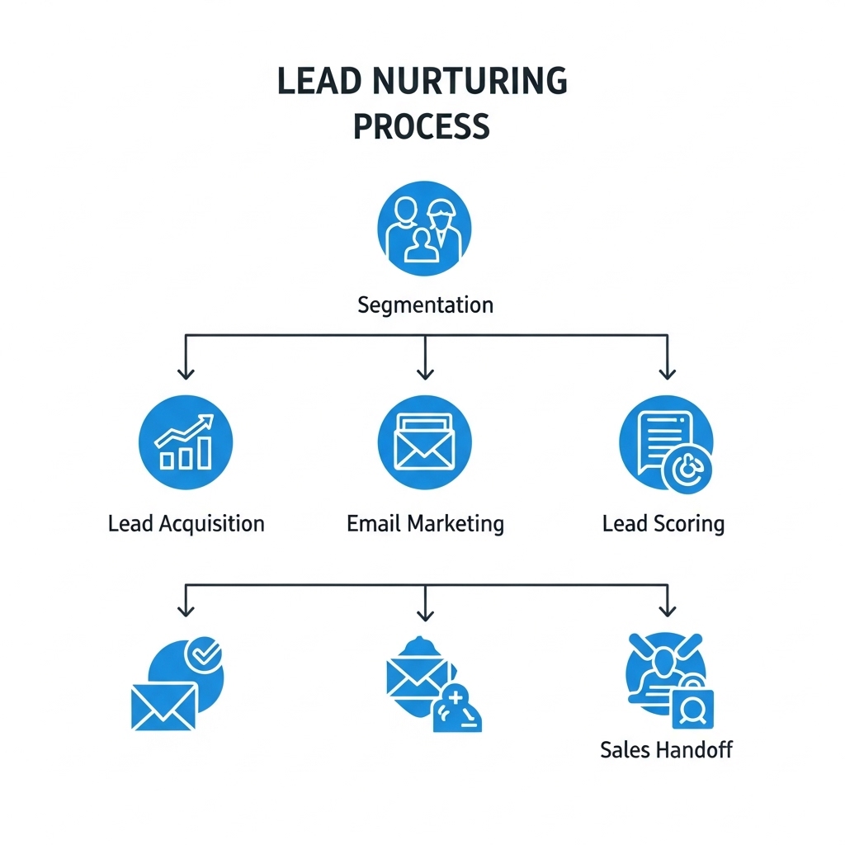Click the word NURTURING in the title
(x=470, y=81)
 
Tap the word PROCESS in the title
(x=422, y=126)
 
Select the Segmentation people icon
(x=424, y=229)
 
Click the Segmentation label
(x=425, y=305)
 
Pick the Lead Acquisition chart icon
(x=186, y=442)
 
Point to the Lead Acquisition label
(x=186, y=524)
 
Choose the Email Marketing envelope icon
(x=425, y=442)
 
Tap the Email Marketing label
(x=425, y=524)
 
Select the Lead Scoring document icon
(x=666, y=444)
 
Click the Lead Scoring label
(x=663, y=524)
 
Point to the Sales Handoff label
(x=667, y=749)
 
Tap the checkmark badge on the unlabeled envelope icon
(x=203, y=654)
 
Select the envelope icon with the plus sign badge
(x=434, y=684)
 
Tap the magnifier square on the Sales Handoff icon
(x=693, y=709)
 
